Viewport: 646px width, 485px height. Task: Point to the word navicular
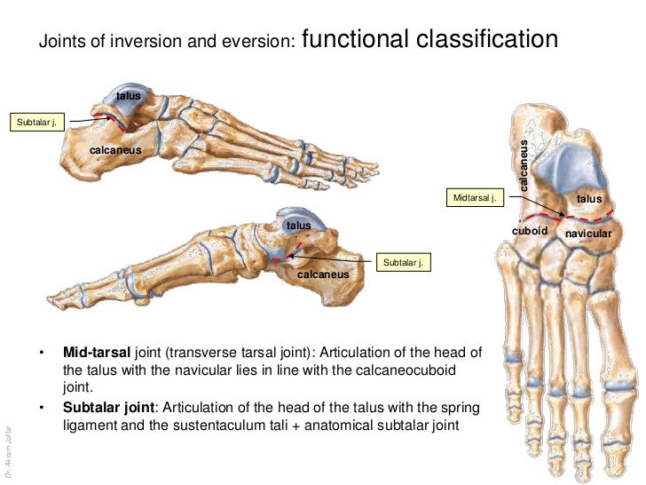589,233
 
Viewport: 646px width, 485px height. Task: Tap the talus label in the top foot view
129,95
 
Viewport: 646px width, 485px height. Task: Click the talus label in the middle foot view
298,226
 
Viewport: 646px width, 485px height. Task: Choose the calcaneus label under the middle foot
322,274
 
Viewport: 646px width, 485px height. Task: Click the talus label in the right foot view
589,200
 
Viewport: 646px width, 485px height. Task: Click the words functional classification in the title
430,40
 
